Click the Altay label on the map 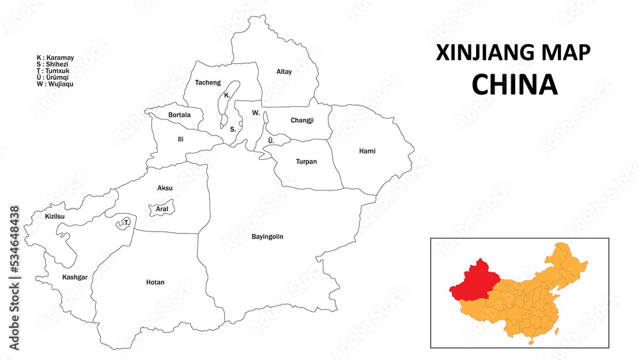pos(284,72)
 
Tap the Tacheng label pos(208,82)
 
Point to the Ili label pos(181,139)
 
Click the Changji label pos(302,120)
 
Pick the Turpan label pos(306,162)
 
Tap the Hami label pos(367,151)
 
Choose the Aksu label pos(165,188)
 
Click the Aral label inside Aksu pos(162,209)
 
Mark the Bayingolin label pos(267,237)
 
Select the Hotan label pos(155,282)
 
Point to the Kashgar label pos(75,277)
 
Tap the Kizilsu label pos(55,216)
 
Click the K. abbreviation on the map pos(227,95)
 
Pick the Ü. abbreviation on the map pos(271,140)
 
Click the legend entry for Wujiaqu pos(55,84)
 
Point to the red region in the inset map pos(473,281)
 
